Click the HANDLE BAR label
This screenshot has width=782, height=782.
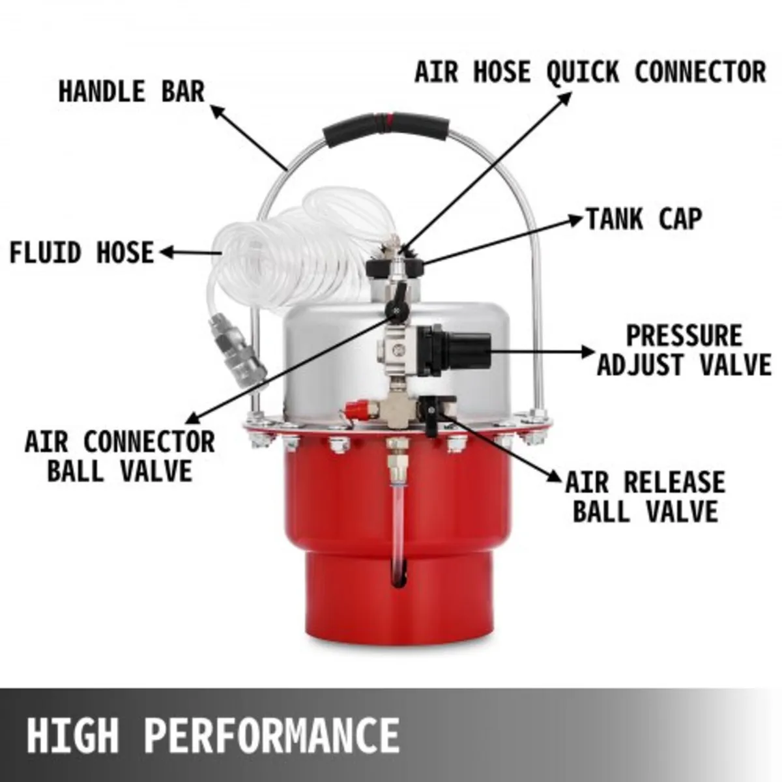(132, 91)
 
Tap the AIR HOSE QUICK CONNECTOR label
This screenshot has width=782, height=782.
(590, 72)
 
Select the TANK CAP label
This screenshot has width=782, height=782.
(644, 219)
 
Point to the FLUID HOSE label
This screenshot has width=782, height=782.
(81, 253)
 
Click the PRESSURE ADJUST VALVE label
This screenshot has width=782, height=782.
(684, 351)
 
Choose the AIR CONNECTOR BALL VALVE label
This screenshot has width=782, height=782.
(120, 456)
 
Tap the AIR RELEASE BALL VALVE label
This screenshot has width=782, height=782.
(645, 497)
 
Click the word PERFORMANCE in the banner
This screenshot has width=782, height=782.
(272, 734)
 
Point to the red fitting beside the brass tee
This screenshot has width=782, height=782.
(355, 411)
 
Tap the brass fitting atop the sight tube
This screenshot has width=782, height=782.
(396, 456)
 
